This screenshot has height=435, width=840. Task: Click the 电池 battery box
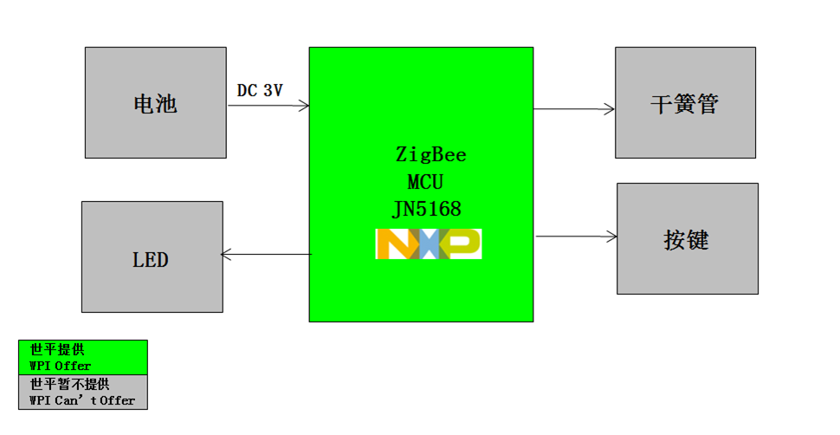(x=156, y=102)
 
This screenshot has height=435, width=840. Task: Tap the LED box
(x=152, y=257)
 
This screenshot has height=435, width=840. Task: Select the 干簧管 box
(x=684, y=102)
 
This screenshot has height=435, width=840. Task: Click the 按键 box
(x=687, y=238)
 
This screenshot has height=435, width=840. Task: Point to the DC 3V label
(x=260, y=90)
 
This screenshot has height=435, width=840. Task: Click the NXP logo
(x=428, y=244)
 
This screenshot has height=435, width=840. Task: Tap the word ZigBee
(x=430, y=155)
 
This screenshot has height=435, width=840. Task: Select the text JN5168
(x=426, y=209)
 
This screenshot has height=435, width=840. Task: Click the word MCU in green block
(x=426, y=183)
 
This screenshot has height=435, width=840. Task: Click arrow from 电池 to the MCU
(x=268, y=107)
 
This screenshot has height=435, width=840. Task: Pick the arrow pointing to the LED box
(x=265, y=255)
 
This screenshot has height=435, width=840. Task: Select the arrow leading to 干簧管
(x=574, y=109)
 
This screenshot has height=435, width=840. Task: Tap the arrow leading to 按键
(x=576, y=236)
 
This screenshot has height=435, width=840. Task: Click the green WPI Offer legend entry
(x=83, y=357)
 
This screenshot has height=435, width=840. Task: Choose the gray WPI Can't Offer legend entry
(x=83, y=392)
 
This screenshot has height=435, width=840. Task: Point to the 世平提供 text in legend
(x=57, y=350)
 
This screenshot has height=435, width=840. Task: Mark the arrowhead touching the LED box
(x=227, y=255)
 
